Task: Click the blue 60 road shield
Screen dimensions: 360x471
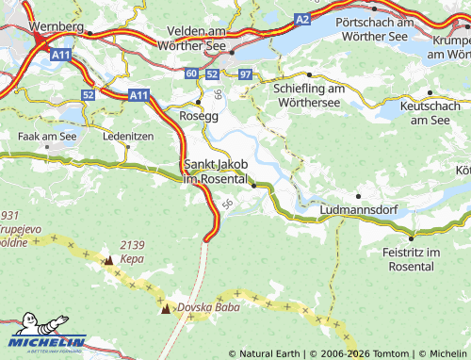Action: pyautogui.click(x=192, y=74)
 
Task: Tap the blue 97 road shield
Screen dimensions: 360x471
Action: pyautogui.click(x=245, y=74)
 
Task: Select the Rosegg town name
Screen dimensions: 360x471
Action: pyautogui.click(x=198, y=116)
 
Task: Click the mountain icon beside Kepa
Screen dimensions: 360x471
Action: pyautogui.click(x=108, y=259)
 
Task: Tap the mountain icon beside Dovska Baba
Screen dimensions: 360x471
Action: pyautogui.click(x=167, y=308)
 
